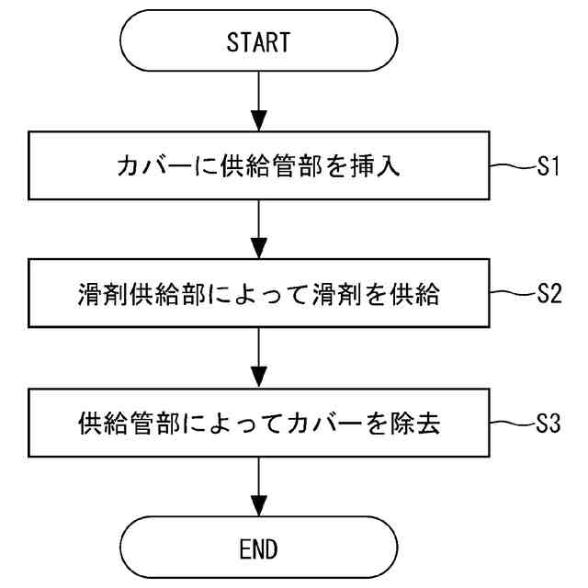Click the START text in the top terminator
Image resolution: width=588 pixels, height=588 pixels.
(x=258, y=42)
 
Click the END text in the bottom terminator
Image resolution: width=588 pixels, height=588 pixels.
(x=258, y=549)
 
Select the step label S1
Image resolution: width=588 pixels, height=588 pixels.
(x=548, y=165)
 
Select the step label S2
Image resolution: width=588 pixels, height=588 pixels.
(x=549, y=293)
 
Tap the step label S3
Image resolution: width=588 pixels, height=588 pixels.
(x=548, y=424)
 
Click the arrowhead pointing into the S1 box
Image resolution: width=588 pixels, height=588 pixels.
(x=259, y=120)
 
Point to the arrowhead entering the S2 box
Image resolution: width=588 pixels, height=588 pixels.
(x=259, y=248)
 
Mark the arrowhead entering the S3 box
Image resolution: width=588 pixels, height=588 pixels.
(x=259, y=378)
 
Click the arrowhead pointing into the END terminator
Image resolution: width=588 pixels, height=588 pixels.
(x=259, y=506)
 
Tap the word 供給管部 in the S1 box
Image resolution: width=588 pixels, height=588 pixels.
(x=271, y=165)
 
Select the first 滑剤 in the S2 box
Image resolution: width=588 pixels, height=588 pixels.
(x=103, y=294)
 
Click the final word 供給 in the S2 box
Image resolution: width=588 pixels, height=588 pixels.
(x=414, y=294)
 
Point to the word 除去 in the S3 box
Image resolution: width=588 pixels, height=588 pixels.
(x=414, y=424)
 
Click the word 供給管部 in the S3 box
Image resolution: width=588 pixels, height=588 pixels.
(x=130, y=424)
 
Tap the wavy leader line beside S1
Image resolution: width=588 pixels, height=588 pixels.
(x=513, y=165)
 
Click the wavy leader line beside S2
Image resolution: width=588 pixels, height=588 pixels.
(x=513, y=293)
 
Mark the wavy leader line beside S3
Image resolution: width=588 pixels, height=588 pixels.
(x=513, y=424)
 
